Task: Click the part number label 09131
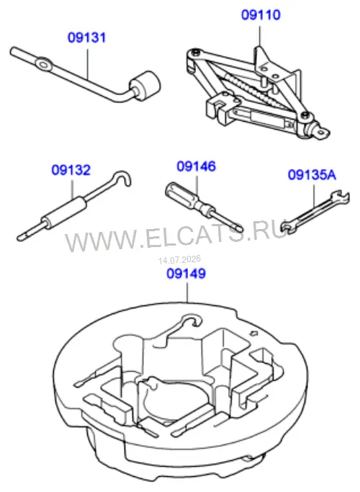(87, 37)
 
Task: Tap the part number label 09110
(261, 14)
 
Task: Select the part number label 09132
(71, 170)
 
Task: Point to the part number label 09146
(197, 166)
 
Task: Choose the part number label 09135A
(312, 175)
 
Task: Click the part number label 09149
(186, 273)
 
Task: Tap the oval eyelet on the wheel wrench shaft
(44, 63)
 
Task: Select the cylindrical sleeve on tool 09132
(65, 211)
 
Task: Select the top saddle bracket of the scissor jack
(272, 65)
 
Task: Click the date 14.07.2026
(179, 260)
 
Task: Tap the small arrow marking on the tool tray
(253, 332)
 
